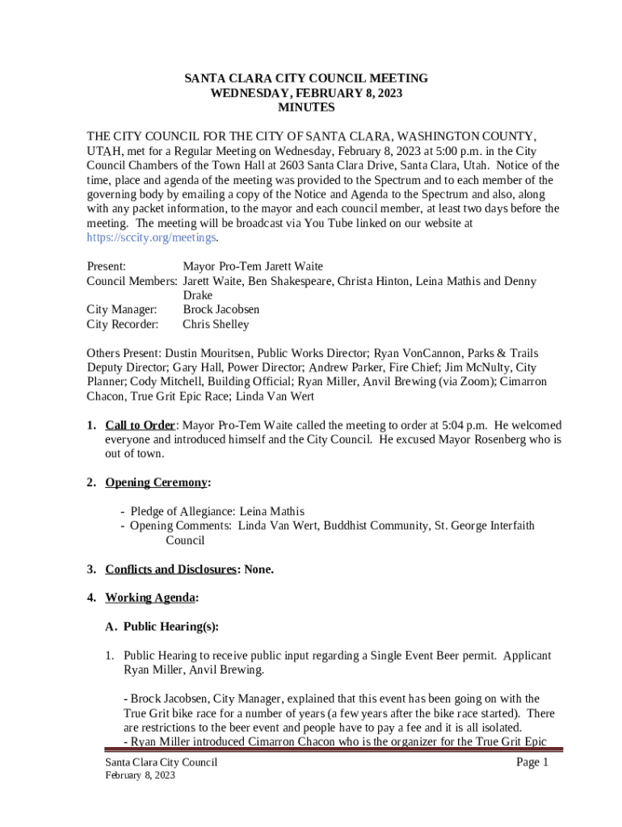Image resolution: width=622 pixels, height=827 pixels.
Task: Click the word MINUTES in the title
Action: tap(306, 107)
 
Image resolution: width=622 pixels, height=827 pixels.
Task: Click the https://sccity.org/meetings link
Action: tap(151, 237)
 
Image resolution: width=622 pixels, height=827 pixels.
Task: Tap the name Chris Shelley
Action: tap(216, 325)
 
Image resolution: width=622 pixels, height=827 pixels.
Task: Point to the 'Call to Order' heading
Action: tap(140, 426)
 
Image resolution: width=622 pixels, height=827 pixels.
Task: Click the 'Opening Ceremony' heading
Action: tap(156, 483)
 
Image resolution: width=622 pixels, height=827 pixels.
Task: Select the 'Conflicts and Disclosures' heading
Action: tap(170, 569)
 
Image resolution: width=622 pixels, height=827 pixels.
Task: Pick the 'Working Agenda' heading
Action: tap(150, 598)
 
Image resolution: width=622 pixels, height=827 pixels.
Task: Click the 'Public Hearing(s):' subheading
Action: tap(171, 627)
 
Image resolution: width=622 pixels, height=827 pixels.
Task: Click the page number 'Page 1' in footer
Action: tap(533, 763)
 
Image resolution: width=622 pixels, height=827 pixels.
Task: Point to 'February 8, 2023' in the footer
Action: tap(140, 776)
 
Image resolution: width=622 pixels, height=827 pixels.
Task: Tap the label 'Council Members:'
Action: tap(132, 281)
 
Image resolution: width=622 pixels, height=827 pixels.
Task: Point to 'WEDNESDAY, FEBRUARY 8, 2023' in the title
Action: tap(306, 93)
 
